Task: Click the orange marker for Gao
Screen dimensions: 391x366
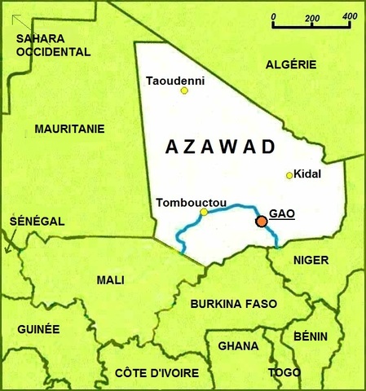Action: pos(261,221)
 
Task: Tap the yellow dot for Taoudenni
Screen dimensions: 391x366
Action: pos(184,90)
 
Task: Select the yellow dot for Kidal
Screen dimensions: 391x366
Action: pos(289,175)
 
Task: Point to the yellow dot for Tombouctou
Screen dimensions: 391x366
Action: pos(204,212)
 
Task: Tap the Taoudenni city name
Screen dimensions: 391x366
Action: pos(174,80)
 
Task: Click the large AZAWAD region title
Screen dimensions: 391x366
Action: pos(219,147)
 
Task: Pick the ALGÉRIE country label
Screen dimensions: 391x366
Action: pos(291,64)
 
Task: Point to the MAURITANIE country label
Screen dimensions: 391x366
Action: pos(70,129)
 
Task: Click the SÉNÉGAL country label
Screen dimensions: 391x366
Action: pos(37,221)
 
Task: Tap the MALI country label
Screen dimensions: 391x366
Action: pos(111,280)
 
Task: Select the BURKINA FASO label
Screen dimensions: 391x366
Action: pos(233,304)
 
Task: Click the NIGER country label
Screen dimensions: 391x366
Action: pos(311,260)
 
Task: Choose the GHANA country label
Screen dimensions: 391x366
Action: pos(238,345)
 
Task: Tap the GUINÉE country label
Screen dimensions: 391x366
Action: pos(38,329)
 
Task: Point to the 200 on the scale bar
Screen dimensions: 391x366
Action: pos(311,16)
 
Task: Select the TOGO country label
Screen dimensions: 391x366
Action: pos(284,372)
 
